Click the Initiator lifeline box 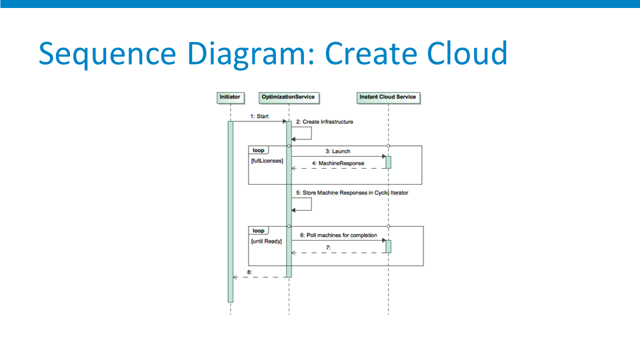pyautogui.click(x=231, y=97)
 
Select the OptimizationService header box pyautogui.click(x=289, y=97)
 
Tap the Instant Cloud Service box pyautogui.click(x=388, y=97)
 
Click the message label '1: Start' pyautogui.click(x=259, y=116)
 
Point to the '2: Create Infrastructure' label pyautogui.click(x=325, y=121)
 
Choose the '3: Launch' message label pyautogui.click(x=338, y=151)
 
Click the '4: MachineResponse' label pyautogui.click(x=338, y=163)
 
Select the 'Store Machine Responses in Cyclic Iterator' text pyautogui.click(x=355, y=193)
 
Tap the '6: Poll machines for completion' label pyautogui.click(x=339, y=235)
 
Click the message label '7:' pyautogui.click(x=328, y=247)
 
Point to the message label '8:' pyautogui.click(x=249, y=272)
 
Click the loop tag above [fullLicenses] pyautogui.click(x=259, y=150)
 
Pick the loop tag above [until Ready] pyautogui.click(x=259, y=231)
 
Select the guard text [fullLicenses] pyautogui.click(x=267, y=161)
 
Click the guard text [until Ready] pyautogui.click(x=266, y=241)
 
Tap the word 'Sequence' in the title pyautogui.click(x=107, y=54)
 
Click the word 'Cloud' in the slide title pyautogui.click(x=467, y=53)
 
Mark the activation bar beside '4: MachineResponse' pyautogui.click(x=388, y=162)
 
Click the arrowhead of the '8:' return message pyautogui.click(x=235, y=277)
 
